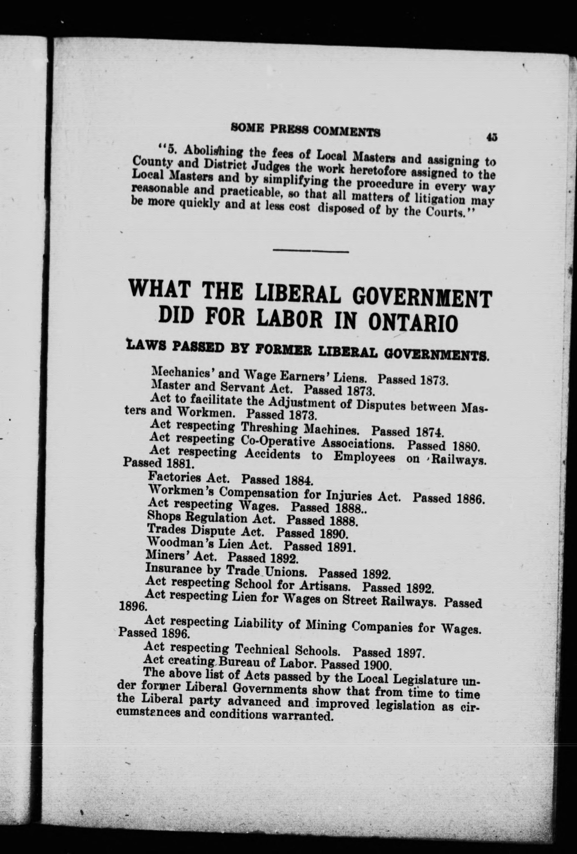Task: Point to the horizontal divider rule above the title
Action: tap(311, 251)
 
